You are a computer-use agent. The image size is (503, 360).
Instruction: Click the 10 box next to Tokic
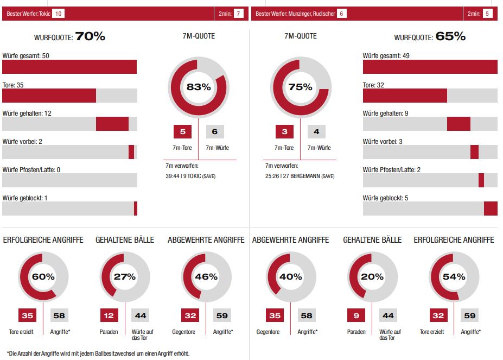[x=59, y=14]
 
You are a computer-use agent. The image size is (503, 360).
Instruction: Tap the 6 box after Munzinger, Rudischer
[x=341, y=14]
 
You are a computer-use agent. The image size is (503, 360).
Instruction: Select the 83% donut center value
[x=199, y=87]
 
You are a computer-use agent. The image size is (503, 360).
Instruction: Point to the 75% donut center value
[x=300, y=87]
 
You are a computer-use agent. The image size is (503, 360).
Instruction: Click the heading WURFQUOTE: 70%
[x=69, y=37]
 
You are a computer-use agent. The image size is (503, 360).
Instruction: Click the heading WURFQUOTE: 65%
[x=430, y=37]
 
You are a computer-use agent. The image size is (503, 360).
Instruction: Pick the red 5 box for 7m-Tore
[x=182, y=132]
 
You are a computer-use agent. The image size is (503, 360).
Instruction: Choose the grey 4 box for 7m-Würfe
[x=316, y=132]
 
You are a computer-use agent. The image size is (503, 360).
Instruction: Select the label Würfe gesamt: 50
[x=26, y=56]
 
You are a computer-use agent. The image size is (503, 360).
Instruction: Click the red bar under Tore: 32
[x=405, y=96]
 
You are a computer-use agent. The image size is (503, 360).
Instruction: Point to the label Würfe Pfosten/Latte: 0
[x=31, y=169]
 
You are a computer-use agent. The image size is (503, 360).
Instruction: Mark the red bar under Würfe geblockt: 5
[x=491, y=209]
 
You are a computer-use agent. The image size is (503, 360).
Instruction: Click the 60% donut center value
[x=43, y=276]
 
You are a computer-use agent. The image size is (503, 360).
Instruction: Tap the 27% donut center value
[x=124, y=276]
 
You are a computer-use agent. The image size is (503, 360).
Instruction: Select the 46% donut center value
[x=206, y=276]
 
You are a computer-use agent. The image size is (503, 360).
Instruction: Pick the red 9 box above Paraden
[x=356, y=315]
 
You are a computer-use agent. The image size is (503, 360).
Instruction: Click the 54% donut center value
[x=454, y=276]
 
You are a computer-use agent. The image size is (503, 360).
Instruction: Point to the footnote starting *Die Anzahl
[x=98, y=353]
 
